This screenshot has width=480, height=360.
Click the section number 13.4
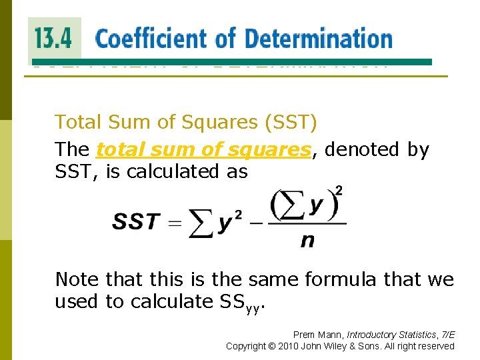53,38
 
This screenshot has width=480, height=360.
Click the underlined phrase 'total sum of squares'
203,149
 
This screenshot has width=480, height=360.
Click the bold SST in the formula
137,222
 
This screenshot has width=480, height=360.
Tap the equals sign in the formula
175,223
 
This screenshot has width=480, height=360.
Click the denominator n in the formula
307,241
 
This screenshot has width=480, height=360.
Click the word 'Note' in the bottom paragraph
77,279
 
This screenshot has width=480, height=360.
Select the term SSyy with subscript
241,303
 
